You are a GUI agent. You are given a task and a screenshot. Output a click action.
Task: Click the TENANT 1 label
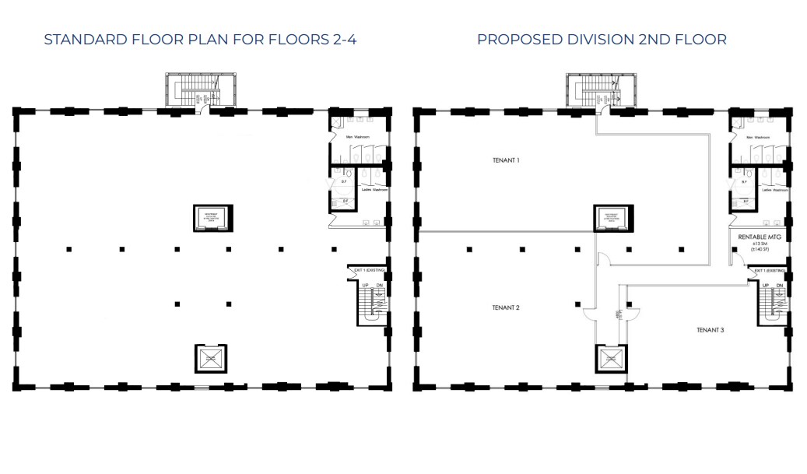[x=506, y=160]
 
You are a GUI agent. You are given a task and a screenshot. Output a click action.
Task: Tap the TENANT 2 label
[x=506, y=307]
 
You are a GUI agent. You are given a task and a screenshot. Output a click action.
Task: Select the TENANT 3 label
[x=711, y=330]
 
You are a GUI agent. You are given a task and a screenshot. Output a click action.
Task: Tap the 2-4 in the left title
[x=342, y=39]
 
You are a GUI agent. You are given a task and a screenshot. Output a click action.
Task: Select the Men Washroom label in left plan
[x=358, y=138]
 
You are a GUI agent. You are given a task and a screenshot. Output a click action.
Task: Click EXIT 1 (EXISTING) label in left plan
[x=370, y=270]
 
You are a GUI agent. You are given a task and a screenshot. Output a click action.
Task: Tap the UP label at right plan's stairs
[x=765, y=286]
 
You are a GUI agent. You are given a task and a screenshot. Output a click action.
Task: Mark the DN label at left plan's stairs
[x=379, y=286]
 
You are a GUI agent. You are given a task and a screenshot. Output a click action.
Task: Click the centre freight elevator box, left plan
[x=209, y=217]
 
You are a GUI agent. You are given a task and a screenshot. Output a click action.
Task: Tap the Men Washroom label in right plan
[x=759, y=138]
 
